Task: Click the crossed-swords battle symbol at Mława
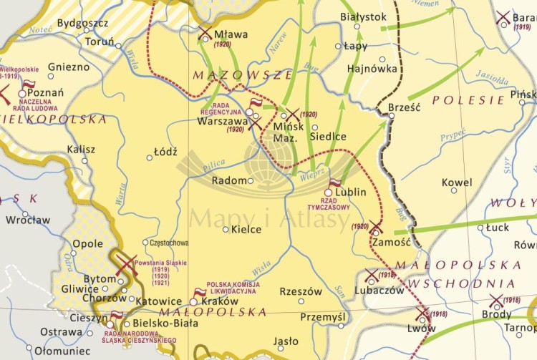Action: [x=205, y=33]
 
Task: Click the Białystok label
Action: [x=363, y=16]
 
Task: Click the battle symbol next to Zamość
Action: [x=376, y=228]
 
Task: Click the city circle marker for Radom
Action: [x=251, y=181]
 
